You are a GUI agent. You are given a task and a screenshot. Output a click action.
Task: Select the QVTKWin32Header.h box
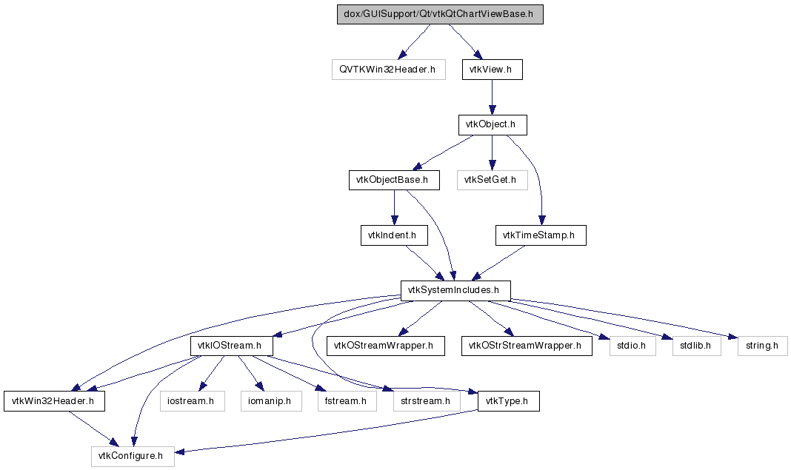(388, 70)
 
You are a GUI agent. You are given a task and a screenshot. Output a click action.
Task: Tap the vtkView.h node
(492, 70)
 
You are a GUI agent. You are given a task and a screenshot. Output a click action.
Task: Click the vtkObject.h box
(492, 125)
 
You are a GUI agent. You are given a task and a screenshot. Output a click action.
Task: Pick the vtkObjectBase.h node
(394, 180)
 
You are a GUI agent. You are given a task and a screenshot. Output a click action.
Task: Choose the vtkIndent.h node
(393, 235)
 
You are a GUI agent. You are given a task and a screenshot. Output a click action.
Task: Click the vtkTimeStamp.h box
(540, 235)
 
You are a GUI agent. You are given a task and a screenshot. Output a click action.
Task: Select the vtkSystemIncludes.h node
(455, 290)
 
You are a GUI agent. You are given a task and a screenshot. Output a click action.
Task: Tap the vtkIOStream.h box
(232, 346)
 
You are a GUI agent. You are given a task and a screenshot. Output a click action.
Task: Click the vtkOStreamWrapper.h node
(385, 346)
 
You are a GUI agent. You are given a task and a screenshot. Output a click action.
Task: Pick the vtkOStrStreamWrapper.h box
(527, 346)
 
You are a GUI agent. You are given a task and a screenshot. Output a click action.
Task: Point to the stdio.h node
(632, 346)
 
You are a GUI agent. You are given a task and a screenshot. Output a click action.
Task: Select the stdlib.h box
(696, 346)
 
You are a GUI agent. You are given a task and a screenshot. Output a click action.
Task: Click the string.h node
(761, 346)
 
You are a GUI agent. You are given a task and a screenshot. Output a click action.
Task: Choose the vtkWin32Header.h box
(53, 401)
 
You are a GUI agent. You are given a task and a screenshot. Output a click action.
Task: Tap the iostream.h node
(191, 401)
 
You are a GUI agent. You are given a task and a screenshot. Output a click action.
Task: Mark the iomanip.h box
(270, 401)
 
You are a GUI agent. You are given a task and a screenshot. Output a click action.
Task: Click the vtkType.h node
(508, 401)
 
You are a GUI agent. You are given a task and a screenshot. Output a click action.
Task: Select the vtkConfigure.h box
(133, 456)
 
